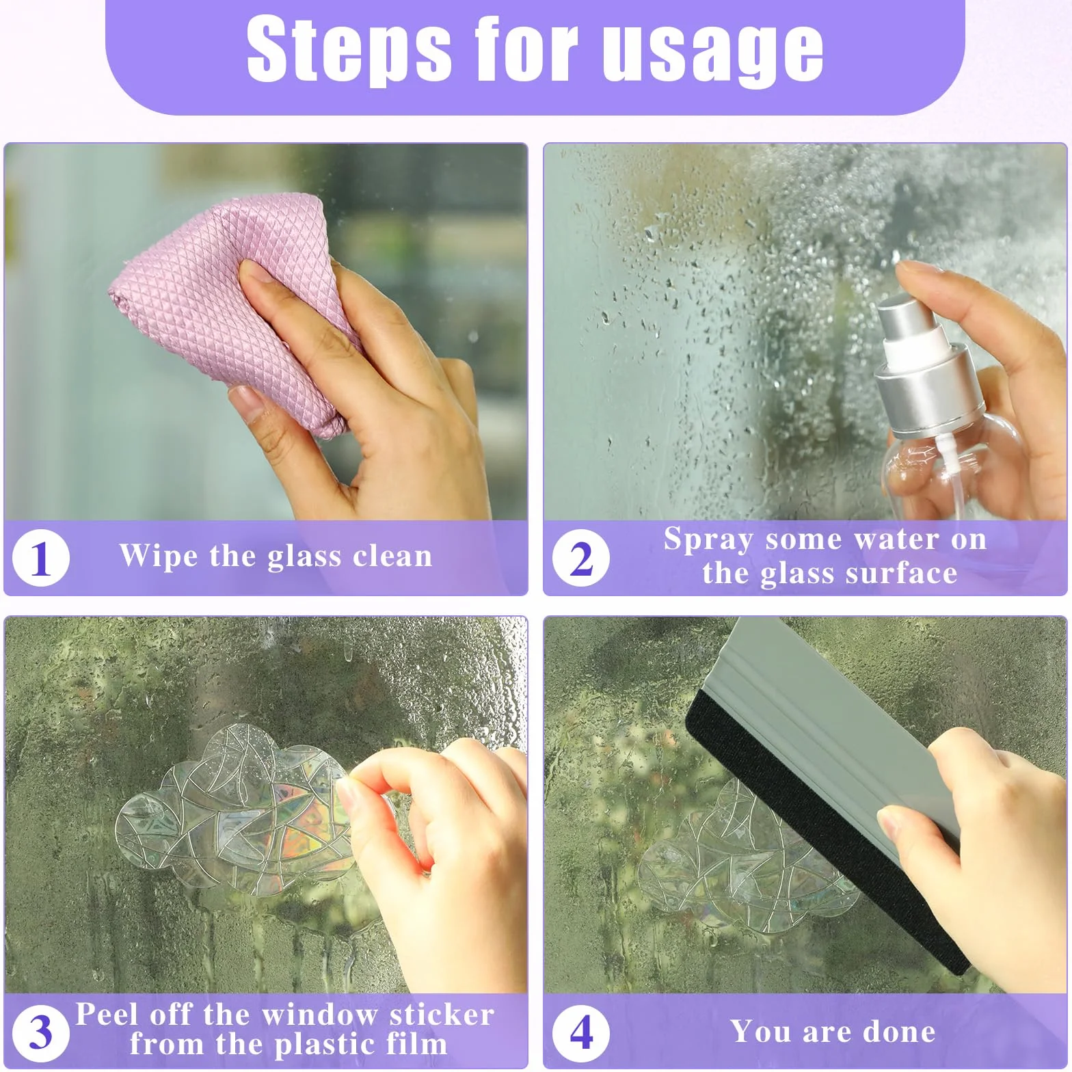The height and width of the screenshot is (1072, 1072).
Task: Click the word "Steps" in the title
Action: (349, 49)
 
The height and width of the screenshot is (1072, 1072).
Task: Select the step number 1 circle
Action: (41, 559)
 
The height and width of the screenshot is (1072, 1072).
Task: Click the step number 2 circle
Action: (581, 559)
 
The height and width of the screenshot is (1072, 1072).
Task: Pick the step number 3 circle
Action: (41, 1032)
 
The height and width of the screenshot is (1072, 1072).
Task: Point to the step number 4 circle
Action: (581, 1032)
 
